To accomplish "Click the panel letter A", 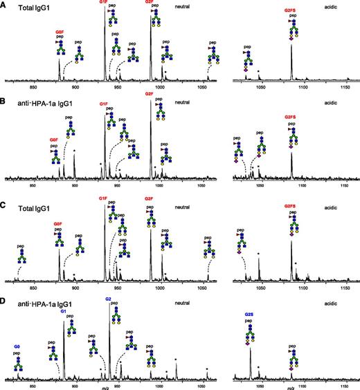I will coord(3,4).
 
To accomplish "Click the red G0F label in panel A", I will coord(59,32).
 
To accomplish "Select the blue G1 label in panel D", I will coord(64,311).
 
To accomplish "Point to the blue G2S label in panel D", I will coord(249,313).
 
